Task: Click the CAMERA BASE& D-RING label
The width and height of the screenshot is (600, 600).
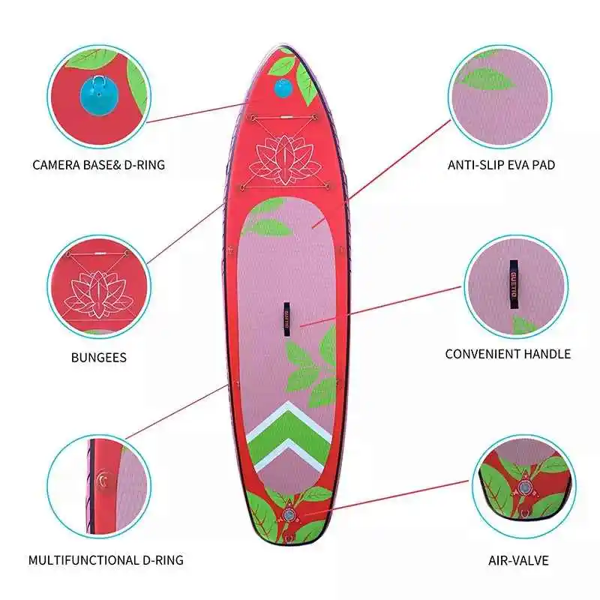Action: click(x=98, y=164)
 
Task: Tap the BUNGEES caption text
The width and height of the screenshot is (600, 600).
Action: click(x=98, y=358)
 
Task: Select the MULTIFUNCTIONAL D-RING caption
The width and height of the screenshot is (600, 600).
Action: click(x=106, y=559)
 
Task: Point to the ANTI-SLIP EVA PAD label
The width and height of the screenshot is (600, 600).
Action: click(x=501, y=164)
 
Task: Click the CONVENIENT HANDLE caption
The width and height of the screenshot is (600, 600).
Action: click(x=508, y=354)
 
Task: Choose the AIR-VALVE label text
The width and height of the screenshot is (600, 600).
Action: click(x=517, y=559)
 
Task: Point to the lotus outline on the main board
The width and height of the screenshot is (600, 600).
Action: click(x=276, y=160)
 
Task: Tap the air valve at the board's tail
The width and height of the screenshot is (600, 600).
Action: click(x=288, y=515)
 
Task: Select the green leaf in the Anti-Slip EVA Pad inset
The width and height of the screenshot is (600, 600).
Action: click(x=486, y=78)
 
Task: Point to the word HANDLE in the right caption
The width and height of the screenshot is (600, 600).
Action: click(x=545, y=354)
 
